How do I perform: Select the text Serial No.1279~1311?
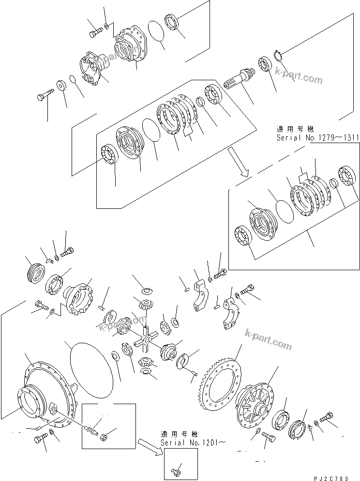[317, 138]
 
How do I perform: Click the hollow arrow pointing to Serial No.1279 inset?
[240, 165]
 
